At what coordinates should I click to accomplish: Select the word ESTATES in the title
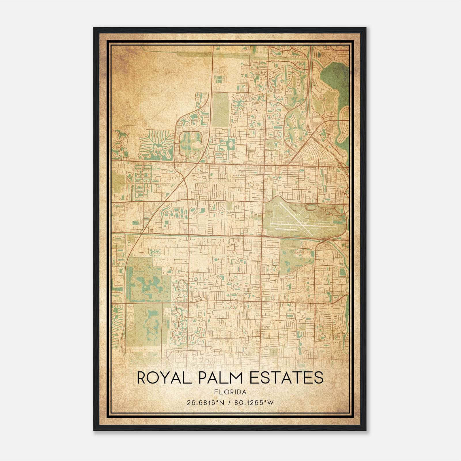pyautogui.click(x=286, y=378)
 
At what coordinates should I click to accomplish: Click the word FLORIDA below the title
pyautogui.click(x=230, y=392)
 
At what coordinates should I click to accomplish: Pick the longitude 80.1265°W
pyautogui.click(x=254, y=403)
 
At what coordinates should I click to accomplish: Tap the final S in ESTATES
pyautogui.click(x=319, y=378)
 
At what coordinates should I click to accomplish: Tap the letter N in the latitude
pyautogui.click(x=222, y=403)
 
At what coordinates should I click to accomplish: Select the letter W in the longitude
pyautogui.click(x=270, y=403)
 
